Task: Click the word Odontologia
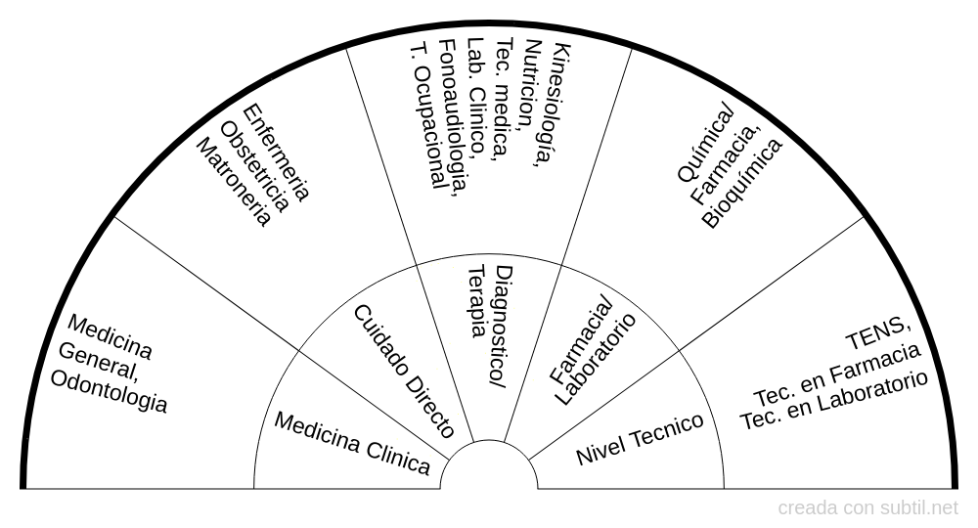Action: pos(109,391)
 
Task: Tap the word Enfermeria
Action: pos(275,152)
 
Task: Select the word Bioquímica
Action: pos(742,182)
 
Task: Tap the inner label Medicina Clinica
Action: pos(352,443)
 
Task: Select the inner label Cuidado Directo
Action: pos(404,371)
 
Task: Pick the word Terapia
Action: pos(476,301)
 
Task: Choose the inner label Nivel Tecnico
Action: pos(640,438)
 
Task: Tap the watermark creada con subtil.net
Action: pos(868,508)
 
